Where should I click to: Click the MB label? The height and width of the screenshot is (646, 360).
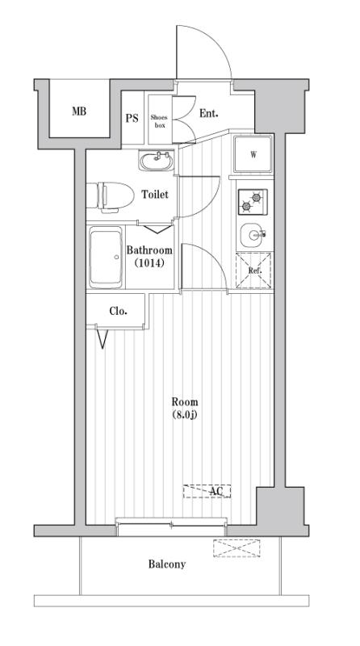point(78,111)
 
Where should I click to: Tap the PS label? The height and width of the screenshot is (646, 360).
point(132,117)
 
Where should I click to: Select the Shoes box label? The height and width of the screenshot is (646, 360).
point(159,121)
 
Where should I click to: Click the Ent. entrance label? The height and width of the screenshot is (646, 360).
point(209,114)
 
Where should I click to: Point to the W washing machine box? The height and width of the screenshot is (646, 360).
point(253,154)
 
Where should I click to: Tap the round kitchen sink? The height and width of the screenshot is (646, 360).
point(253,236)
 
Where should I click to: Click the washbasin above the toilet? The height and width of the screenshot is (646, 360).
point(156,161)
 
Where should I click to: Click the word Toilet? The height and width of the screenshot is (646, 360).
point(155,195)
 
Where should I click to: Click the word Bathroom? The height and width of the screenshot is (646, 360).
point(149,250)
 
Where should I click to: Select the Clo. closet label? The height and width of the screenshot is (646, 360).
point(118,310)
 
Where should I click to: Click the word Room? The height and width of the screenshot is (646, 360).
point(184,402)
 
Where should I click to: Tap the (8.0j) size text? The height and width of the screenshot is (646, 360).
point(184,415)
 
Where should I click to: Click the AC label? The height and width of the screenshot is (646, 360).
point(216,491)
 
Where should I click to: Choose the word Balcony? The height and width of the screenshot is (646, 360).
point(167,564)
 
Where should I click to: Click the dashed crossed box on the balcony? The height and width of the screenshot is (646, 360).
point(237,548)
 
